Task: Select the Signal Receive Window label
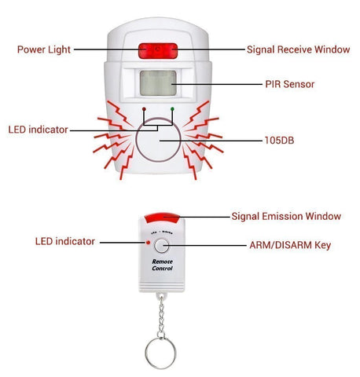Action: (x=297, y=49)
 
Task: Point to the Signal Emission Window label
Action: (x=286, y=216)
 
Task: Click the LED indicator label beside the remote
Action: (x=64, y=241)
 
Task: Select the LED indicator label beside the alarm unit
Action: (x=38, y=129)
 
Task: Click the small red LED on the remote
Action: (x=145, y=243)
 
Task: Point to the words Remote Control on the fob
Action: (x=162, y=265)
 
